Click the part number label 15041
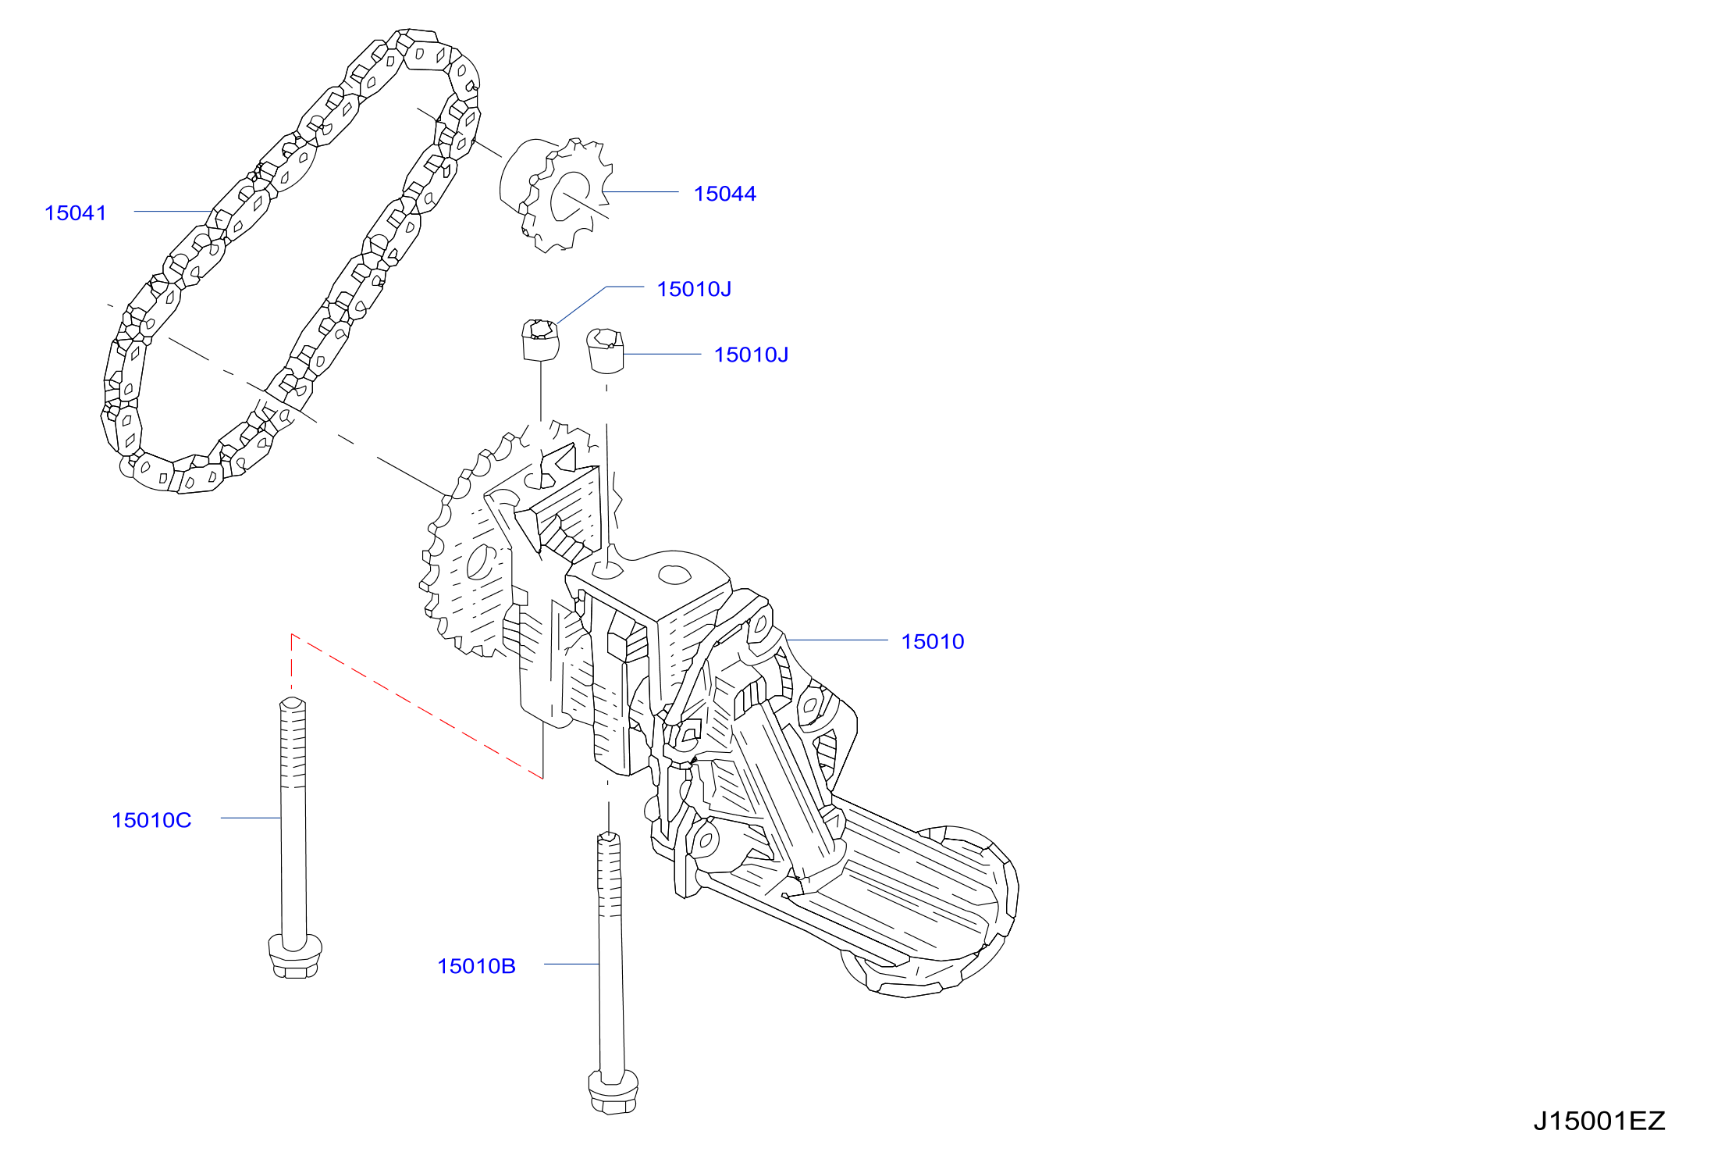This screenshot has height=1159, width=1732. tap(76, 212)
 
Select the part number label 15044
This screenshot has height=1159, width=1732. tap(725, 194)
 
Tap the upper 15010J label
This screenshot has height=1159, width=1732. tap(694, 289)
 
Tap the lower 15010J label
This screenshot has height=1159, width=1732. tap(751, 355)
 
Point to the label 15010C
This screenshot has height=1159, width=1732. tap(151, 820)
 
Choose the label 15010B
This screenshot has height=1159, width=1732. tap(476, 966)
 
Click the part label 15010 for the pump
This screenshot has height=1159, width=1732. tap(933, 641)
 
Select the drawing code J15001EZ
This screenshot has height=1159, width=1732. tap(1599, 1121)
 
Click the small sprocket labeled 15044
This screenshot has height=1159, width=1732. tap(556, 195)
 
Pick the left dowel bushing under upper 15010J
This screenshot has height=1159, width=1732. tap(541, 340)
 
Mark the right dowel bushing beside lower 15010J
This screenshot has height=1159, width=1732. tap(606, 351)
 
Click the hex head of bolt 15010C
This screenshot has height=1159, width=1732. tap(294, 956)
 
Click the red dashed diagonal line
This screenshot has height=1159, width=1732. tap(417, 706)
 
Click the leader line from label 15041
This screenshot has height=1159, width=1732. tap(172, 211)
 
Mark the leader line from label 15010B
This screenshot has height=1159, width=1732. tap(571, 965)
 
